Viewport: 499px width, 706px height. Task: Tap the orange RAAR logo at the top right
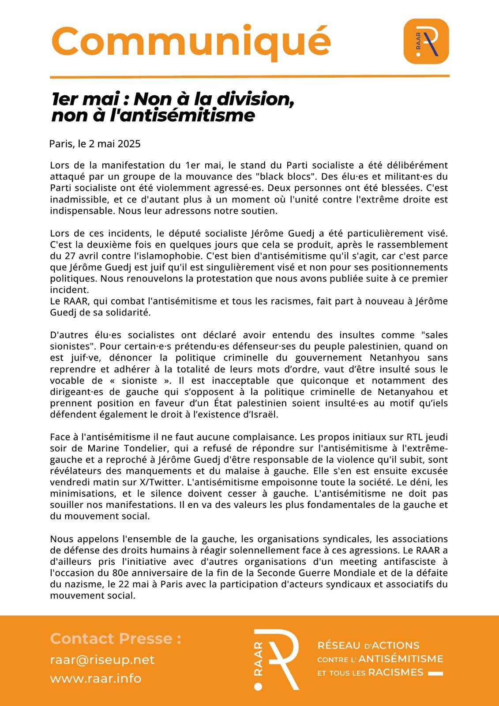[x=426, y=41]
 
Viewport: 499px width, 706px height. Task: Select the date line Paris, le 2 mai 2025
[x=95, y=144]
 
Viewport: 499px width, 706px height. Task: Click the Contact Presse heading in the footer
[x=116, y=638]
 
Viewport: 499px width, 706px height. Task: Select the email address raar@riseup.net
[x=102, y=660]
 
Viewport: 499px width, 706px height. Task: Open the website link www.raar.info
[x=95, y=679]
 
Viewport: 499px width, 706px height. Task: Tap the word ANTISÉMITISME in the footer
[x=401, y=659]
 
